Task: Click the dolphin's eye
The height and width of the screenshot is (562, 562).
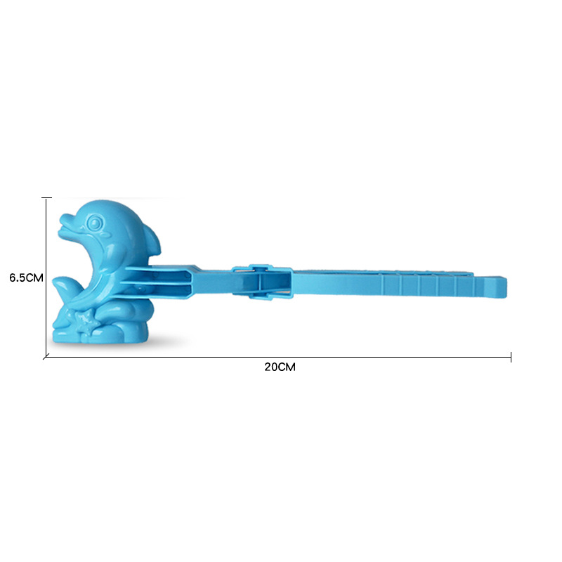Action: pos(93,223)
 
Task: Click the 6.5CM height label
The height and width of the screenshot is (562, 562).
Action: pos(27,277)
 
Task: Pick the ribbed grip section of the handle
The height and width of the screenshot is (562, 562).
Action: pos(436,286)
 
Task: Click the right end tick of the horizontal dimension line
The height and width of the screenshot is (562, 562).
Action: pos(511,358)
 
